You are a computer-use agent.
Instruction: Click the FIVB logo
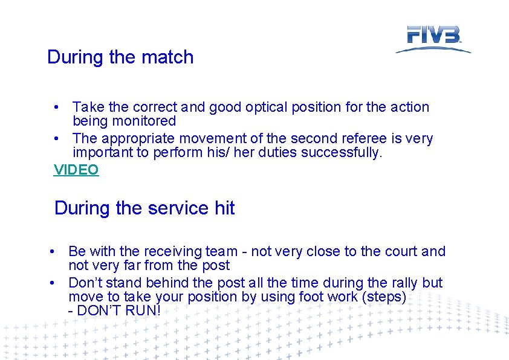[x=433, y=38]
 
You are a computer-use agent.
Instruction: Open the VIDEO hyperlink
[x=76, y=170]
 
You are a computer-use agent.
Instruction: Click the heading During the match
[x=120, y=57]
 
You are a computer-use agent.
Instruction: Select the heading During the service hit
[x=144, y=208]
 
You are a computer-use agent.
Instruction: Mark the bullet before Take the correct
[x=56, y=108]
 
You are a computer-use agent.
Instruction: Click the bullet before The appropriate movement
[x=56, y=139]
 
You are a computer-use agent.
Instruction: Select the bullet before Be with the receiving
[x=54, y=251]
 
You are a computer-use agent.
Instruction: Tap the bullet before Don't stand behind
[x=54, y=283]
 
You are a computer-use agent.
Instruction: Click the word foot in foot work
[x=310, y=297]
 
